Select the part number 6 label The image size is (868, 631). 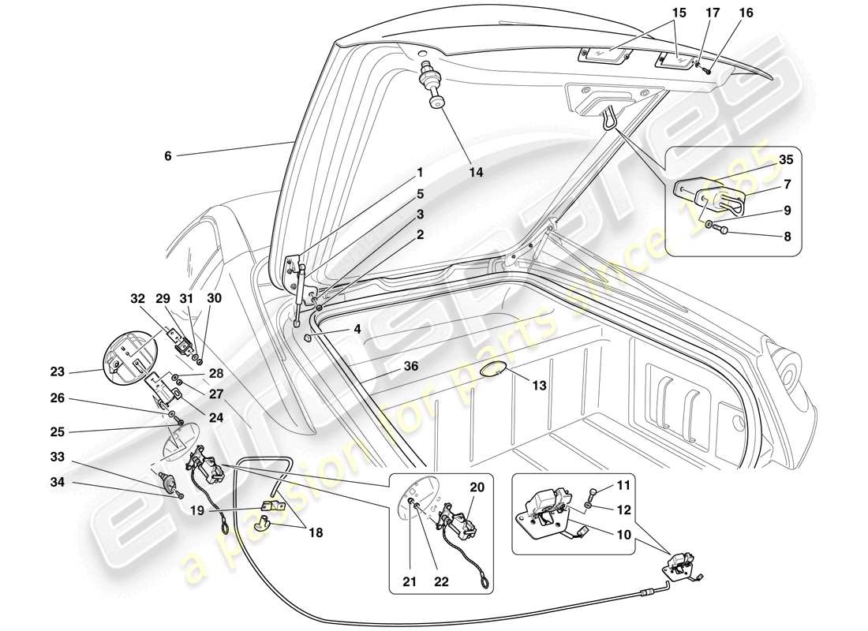[167, 156]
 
